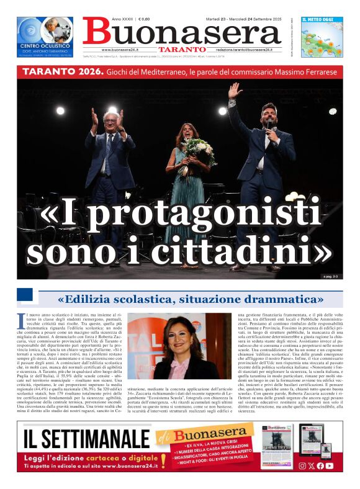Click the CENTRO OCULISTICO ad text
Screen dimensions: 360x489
[x=44, y=47]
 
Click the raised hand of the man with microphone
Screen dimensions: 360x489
[x=234, y=91]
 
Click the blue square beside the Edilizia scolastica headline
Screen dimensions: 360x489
[x=25, y=295]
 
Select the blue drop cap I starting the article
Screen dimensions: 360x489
[x=22, y=320]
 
